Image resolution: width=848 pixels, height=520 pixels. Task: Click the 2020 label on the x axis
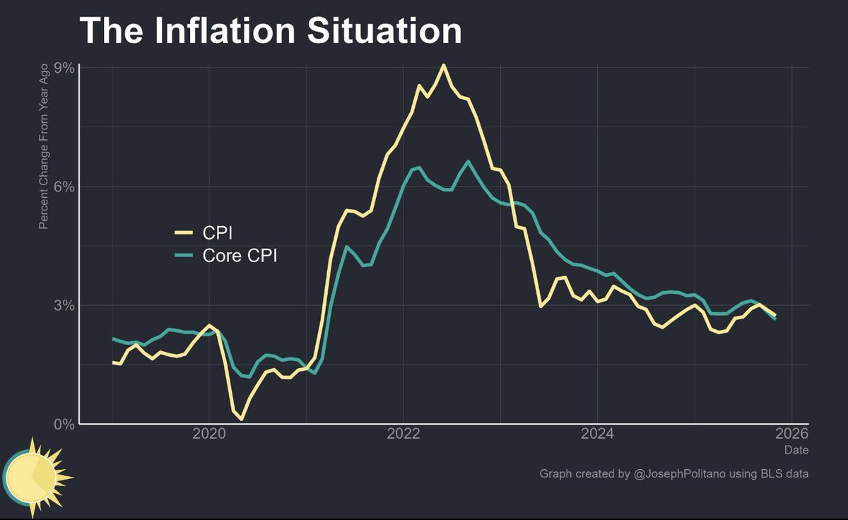click(209, 432)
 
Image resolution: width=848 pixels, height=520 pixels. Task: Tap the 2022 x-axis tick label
click(404, 432)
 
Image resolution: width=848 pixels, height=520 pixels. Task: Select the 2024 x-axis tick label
click(598, 432)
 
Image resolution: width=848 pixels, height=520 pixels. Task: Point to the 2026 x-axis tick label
click(791, 432)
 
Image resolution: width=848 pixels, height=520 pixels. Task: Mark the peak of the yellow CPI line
click(443, 65)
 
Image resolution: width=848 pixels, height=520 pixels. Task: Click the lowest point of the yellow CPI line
click(241, 420)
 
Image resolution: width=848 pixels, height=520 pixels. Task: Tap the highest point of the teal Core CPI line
click(468, 162)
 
